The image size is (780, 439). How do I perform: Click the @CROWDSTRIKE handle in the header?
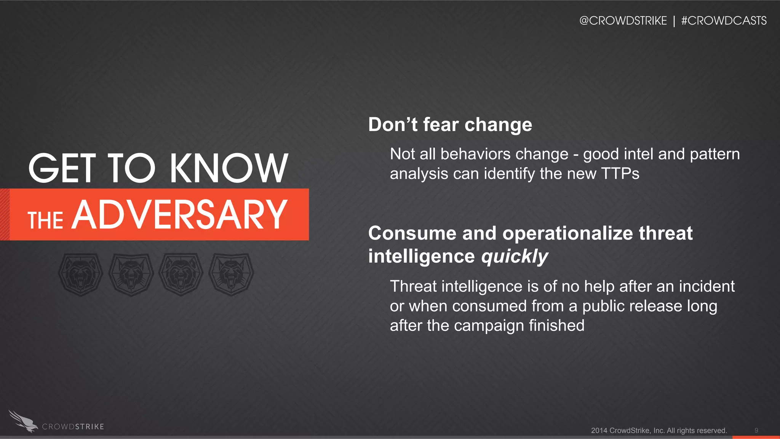pos(623,21)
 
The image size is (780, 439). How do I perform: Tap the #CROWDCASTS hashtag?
pos(724,21)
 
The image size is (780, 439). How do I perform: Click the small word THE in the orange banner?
pos(45,220)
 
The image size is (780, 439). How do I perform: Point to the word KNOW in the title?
pos(229,168)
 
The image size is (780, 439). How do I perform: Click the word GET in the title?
pos(62,168)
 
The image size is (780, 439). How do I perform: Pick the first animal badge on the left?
pos(80,274)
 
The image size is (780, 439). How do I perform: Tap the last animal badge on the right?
pos(231,274)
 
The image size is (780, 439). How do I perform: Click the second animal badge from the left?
pos(131,274)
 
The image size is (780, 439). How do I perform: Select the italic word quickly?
pos(515,256)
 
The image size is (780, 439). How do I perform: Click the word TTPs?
pos(620,174)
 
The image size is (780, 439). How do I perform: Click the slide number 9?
pos(756,430)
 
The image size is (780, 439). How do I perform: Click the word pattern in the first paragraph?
pos(714,154)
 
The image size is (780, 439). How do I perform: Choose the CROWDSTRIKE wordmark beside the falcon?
pos(73,427)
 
